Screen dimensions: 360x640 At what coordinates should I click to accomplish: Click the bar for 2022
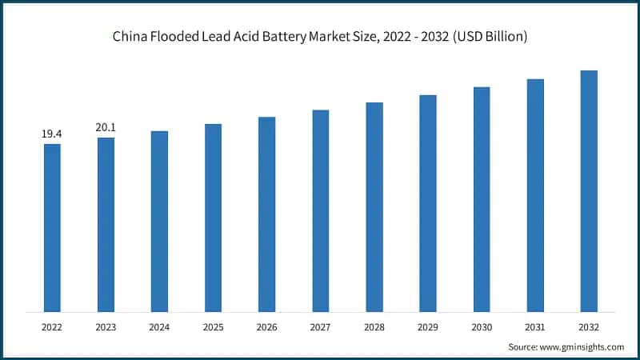tap(52, 228)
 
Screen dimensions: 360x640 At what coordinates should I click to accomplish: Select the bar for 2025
tap(213, 218)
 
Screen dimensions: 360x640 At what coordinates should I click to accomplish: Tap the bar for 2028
tap(374, 207)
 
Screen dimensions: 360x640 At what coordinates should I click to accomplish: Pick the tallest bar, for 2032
tap(589, 191)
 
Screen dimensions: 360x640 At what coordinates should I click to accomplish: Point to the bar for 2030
tap(482, 199)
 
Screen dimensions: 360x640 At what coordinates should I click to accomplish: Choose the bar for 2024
tap(159, 222)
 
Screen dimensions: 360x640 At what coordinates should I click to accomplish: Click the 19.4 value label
tap(52, 134)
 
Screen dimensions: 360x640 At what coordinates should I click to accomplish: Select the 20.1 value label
tap(106, 127)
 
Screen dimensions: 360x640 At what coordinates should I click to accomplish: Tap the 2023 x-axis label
tap(106, 326)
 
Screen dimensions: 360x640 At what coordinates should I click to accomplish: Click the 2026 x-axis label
tap(266, 326)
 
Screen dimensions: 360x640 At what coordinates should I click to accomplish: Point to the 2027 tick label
tap(320, 326)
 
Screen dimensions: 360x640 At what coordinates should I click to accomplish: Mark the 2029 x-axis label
tap(428, 326)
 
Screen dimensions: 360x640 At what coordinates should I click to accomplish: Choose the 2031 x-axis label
tap(535, 326)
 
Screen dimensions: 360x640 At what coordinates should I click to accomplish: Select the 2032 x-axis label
tap(589, 326)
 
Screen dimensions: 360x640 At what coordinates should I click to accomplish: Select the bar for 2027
tap(320, 211)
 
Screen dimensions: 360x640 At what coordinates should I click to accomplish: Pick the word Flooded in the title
tap(182, 38)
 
